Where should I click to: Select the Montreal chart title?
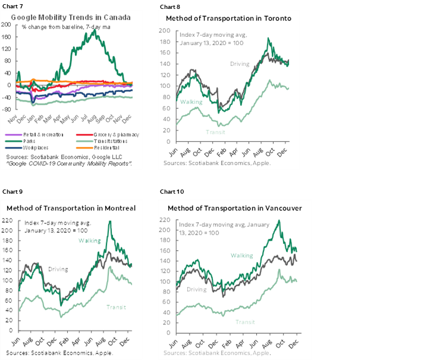70,208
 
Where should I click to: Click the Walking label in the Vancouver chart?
243,255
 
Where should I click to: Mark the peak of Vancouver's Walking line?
279,221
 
